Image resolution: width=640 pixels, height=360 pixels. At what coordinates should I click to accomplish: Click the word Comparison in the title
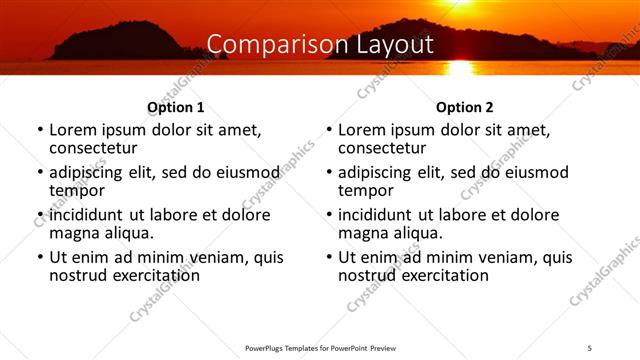(266, 45)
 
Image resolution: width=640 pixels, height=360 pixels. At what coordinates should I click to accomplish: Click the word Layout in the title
(395, 45)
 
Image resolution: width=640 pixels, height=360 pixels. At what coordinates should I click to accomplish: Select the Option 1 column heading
(175, 107)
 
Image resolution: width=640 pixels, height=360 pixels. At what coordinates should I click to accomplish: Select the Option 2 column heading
(464, 107)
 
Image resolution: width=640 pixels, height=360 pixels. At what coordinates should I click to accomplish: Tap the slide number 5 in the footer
(590, 347)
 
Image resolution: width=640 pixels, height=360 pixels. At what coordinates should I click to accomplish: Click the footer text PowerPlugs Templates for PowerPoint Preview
(320, 347)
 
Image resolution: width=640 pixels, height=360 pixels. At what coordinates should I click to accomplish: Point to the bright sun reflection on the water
(460, 67)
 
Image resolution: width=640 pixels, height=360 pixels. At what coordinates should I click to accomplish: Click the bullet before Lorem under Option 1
(40, 130)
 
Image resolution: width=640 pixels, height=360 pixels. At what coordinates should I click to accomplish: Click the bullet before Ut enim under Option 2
(329, 257)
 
